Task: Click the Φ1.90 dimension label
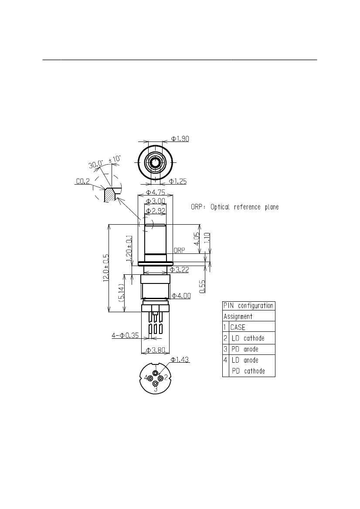(x=180, y=139)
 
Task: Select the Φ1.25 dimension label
(x=178, y=182)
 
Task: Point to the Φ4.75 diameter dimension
(x=155, y=192)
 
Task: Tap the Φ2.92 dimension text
(x=155, y=211)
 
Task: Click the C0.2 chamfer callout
(x=82, y=181)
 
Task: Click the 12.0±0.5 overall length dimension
(x=106, y=268)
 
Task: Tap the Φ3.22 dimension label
(x=180, y=270)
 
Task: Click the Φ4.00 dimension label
(x=181, y=296)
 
